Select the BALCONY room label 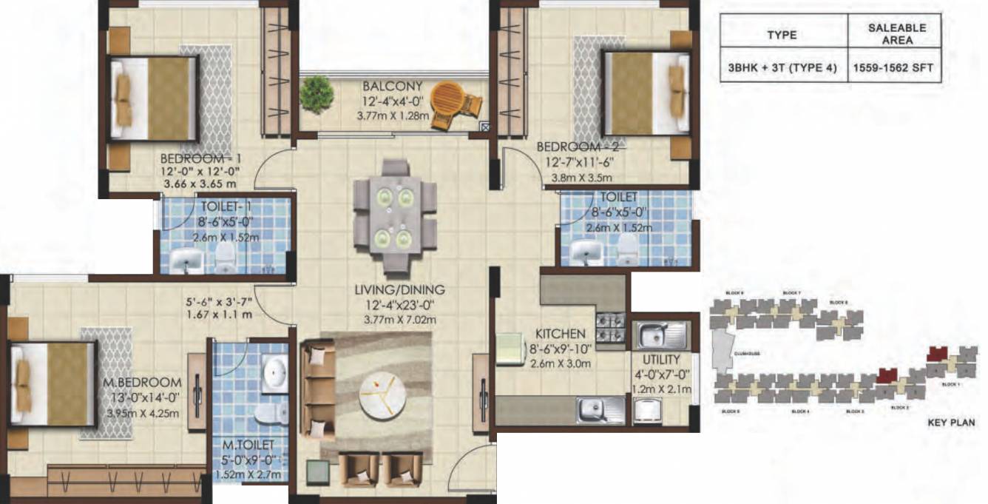coord(392,86)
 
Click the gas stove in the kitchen coord(611,328)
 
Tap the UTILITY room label coord(650,359)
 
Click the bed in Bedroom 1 coord(153,97)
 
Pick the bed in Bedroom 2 coord(645,93)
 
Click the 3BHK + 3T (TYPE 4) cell coord(782,68)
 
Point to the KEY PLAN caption coord(952,424)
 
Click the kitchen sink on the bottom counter coord(593,408)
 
